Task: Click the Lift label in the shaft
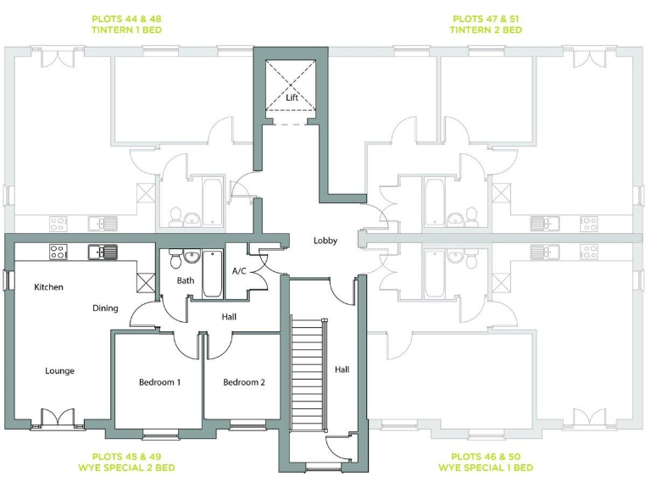pyautogui.click(x=292, y=97)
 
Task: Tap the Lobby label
pyautogui.click(x=325, y=241)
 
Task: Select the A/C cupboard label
pyautogui.click(x=239, y=271)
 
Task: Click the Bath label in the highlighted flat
pyautogui.click(x=186, y=280)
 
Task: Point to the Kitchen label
pyautogui.click(x=48, y=287)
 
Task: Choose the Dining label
pyautogui.click(x=105, y=308)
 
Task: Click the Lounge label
pyautogui.click(x=59, y=371)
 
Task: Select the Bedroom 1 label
pyautogui.click(x=159, y=382)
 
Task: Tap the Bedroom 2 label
pyautogui.click(x=244, y=382)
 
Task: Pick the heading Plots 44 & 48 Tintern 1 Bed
pyautogui.click(x=126, y=24)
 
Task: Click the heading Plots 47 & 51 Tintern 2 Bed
pyautogui.click(x=487, y=24)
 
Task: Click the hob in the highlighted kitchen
pyautogui.click(x=58, y=251)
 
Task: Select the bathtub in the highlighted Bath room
pyautogui.click(x=212, y=273)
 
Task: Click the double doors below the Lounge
pyautogui.click(x=58, y=419)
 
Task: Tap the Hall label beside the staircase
pyautogui.click(x=342, y=369)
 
